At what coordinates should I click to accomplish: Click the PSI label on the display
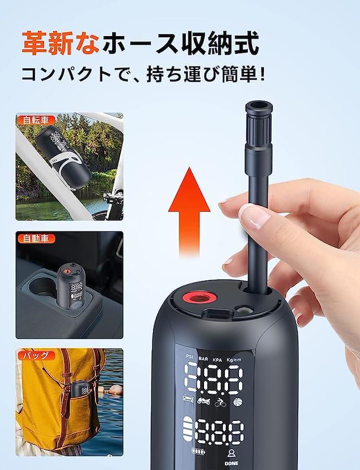point(189,356)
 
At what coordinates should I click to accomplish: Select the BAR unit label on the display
point(203,358)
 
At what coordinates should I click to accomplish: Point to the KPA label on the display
point(218,360)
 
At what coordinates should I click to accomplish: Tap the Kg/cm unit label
point(234,360)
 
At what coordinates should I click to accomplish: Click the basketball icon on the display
point(237,402)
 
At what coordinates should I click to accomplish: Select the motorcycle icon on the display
point(203,401)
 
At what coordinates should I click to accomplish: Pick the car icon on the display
point(188,399)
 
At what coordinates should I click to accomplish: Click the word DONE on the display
point(232,463)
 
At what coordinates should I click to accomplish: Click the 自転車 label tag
point(36,120)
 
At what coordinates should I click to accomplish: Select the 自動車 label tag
point(36,239)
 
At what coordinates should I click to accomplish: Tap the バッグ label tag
point(36,356)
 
